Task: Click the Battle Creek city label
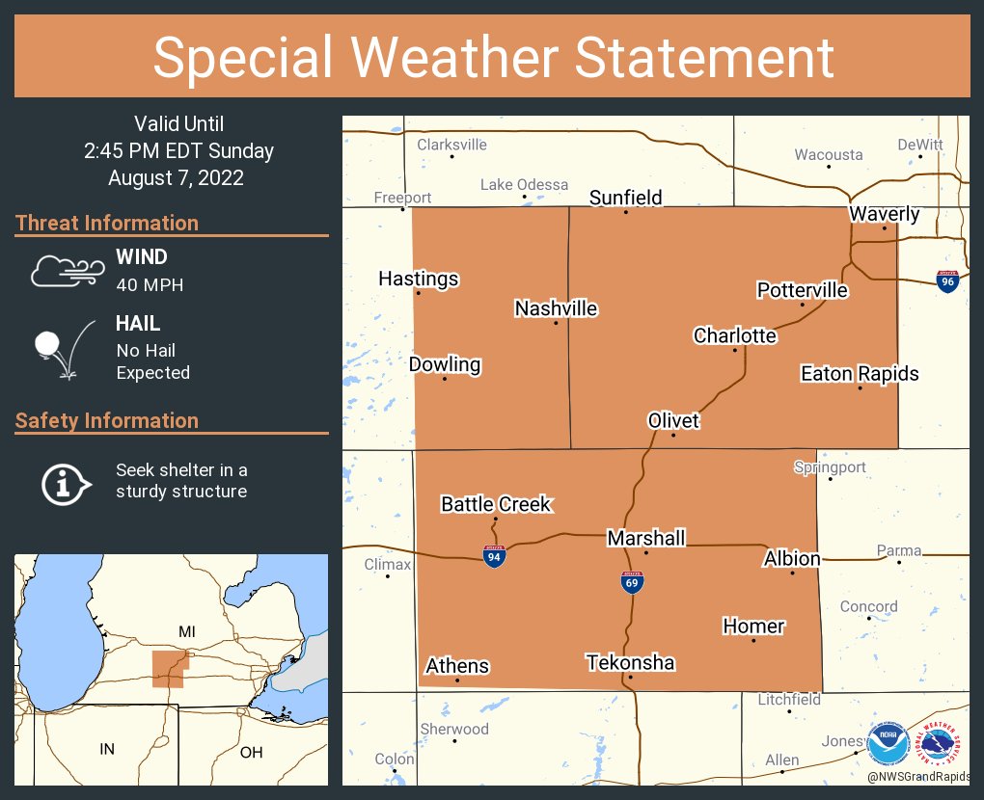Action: [x=496, y=504]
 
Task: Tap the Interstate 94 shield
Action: [x=493, y=555]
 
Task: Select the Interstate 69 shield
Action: [x=632, y=581]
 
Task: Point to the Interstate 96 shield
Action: [x=947, y=280]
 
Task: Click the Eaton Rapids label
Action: [x=860, y=373]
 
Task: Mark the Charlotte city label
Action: [x=735, y=335]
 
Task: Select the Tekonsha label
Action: [x=631, y=663]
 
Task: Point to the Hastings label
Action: [x=419, y=279]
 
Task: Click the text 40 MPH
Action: [x=150, y=284]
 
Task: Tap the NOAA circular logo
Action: [x=888, y=744]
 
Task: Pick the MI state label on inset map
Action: [x=188, y=630]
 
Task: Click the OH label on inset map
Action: [x=251, y=752]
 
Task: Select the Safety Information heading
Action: [x=107, y=420]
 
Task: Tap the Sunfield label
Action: [x=626, y=198]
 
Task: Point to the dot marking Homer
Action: [x=754, y=640]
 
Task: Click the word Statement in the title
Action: [x=705, y=57]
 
